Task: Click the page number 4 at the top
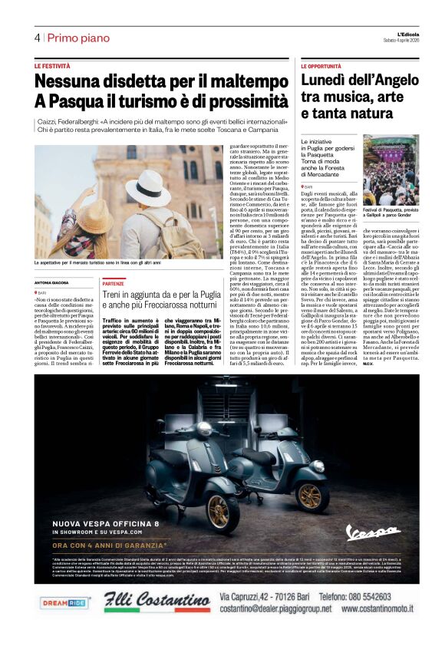[x=37, y=38]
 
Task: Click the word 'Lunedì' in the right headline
[x=328, y=81]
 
